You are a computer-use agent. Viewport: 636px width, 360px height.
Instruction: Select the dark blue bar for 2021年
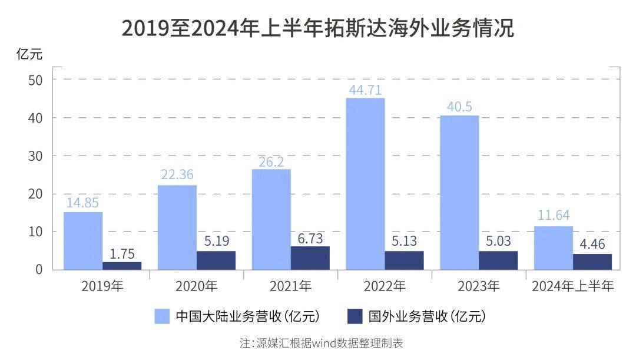coord(310,258)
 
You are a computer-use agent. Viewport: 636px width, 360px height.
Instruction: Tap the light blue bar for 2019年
coord(83,240)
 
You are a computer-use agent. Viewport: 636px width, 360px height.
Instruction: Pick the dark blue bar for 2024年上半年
coord(592,262)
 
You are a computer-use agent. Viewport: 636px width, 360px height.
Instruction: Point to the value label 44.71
coord(366,90)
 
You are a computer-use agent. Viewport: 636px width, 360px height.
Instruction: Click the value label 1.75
coord(122,254)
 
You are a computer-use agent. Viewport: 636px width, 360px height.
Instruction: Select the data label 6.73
coord(310,238)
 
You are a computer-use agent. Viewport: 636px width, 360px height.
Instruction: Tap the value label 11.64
coord(553,215)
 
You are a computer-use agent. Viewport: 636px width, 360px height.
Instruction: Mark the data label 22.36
coord(177,174)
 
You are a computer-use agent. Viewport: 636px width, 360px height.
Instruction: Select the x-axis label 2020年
coord(197,286)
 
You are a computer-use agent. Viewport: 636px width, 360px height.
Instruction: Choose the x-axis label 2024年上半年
coord(573,286)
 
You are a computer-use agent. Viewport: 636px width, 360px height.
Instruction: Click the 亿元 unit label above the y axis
coord(29,54)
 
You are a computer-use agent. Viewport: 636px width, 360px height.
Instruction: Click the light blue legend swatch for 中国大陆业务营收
coord(162,316)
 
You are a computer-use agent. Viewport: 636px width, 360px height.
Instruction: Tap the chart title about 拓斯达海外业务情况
coord(318,28)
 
